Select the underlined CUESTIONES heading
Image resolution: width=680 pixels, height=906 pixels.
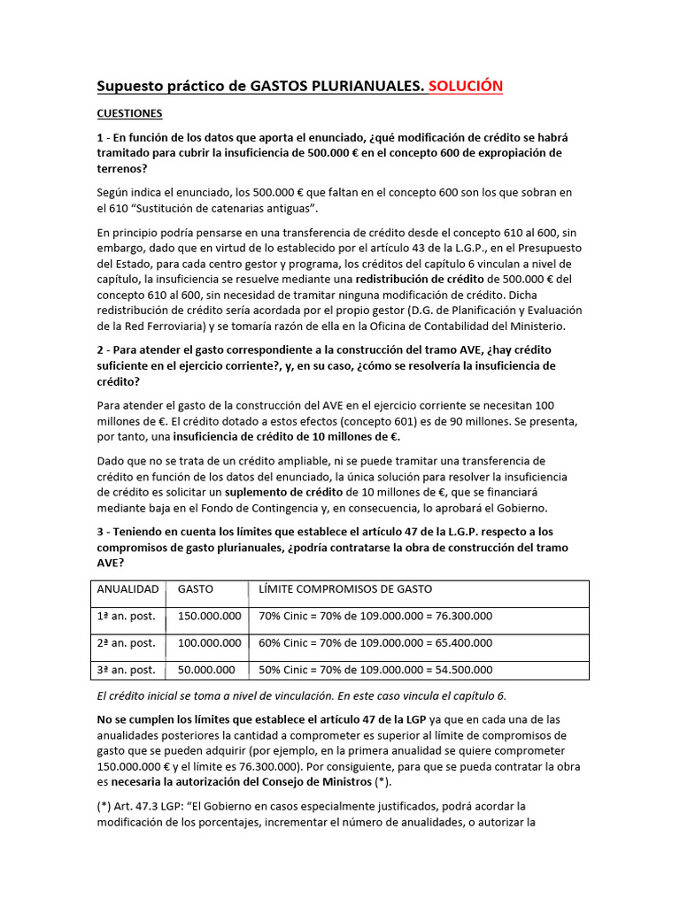[x=129, y=114]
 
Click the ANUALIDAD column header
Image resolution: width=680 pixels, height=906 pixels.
[x=127, y=589]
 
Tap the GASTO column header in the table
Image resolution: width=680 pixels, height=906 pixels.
[x=196, y=589]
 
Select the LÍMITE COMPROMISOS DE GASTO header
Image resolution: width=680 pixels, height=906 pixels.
[x=345, y=589]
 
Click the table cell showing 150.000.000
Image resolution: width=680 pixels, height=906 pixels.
[x=209, y=617]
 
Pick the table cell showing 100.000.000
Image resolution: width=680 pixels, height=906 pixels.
[x=209, y=643]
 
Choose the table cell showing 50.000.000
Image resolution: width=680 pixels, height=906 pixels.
[x=205, y=671]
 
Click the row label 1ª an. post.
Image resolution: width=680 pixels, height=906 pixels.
[x=126, y=617]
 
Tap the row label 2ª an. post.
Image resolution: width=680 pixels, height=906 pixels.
[x=126, y=643]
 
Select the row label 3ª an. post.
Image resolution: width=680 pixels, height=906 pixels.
[x=126, y=671]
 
